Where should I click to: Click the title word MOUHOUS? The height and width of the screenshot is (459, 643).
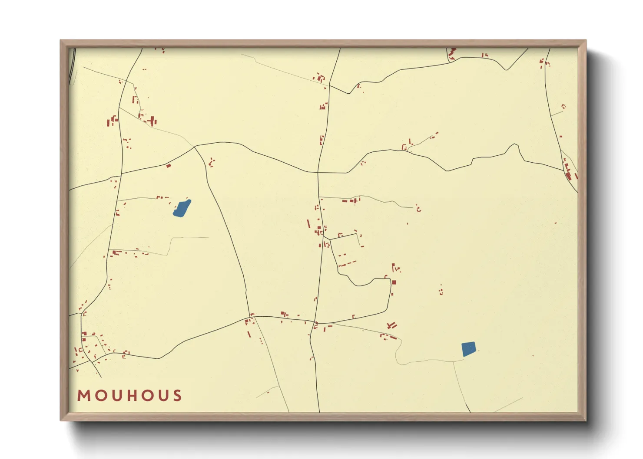tap(129, 395)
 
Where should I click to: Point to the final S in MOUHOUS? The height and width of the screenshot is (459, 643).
tap(177, 395)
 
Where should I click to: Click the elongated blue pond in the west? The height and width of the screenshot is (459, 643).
tap(182, 208)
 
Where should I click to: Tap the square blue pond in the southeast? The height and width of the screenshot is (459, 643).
tap(468, 349)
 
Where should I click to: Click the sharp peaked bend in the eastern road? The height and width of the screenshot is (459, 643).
tap(515, 145)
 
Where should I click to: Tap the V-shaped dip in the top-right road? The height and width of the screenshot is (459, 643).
tap(506, 69)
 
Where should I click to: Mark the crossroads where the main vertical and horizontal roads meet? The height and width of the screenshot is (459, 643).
tap(318, 172)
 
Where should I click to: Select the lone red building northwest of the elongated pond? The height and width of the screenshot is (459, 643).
tap(168, 165)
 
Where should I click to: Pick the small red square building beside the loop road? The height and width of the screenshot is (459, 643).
tap(394, 282)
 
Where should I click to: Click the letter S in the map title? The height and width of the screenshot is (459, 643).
tap(177, 395)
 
